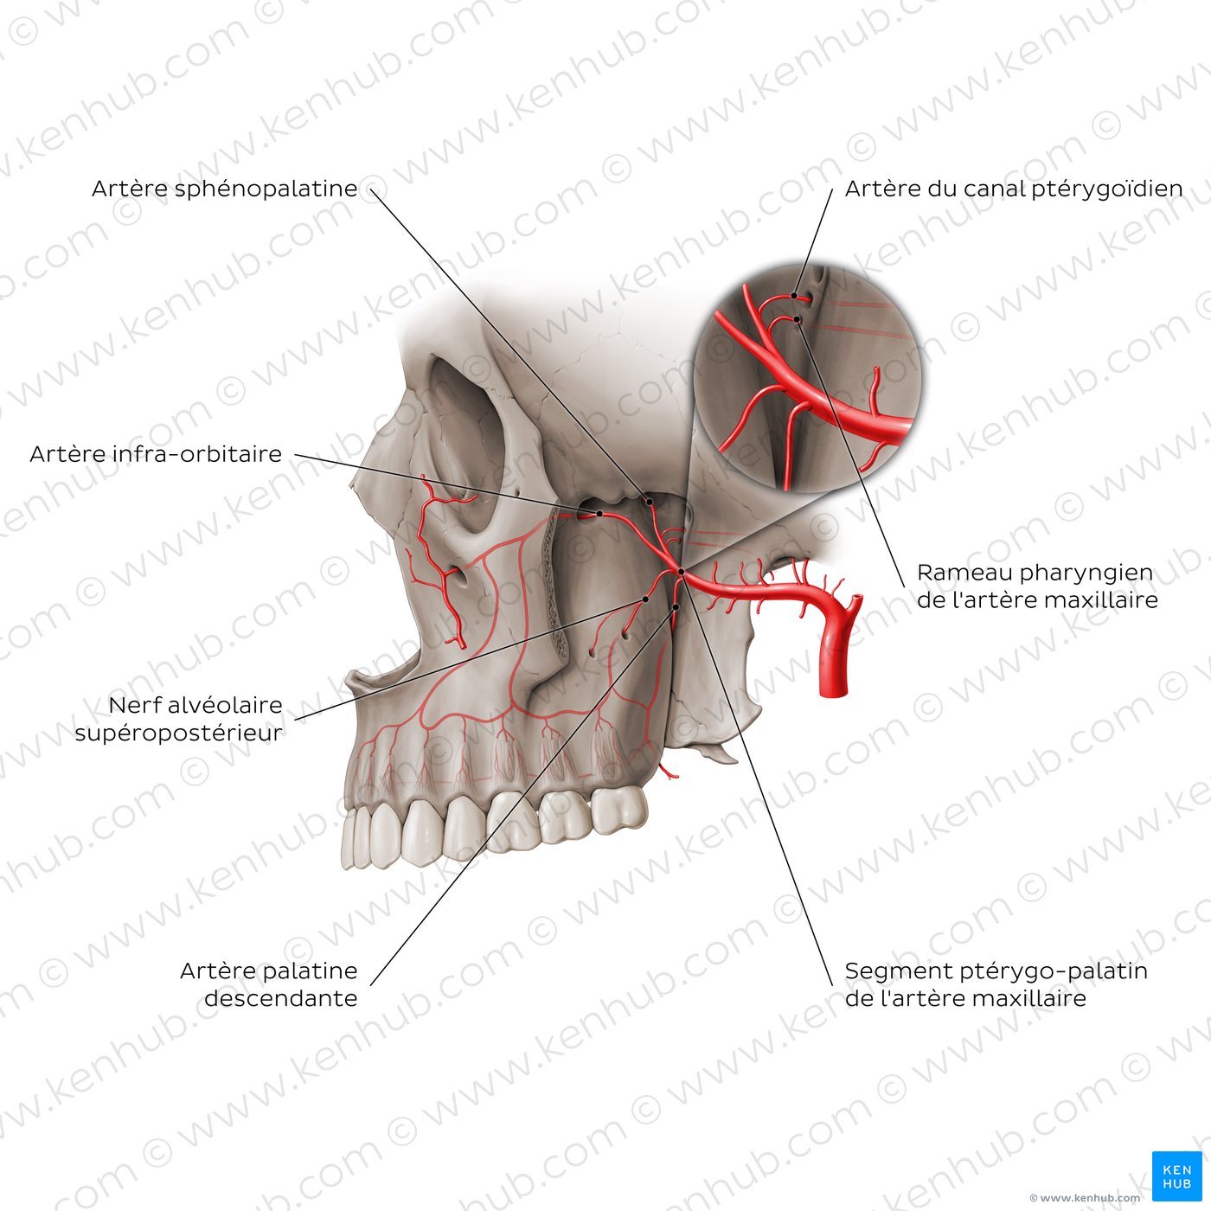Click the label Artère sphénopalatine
224,189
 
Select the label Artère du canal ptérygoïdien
1014,189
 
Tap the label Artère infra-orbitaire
156,454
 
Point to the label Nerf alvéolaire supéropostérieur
179,719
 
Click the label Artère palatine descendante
269,984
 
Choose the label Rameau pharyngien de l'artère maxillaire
1037,586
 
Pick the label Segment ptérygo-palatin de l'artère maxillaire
996,984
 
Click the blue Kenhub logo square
1176,1176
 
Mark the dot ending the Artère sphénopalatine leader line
650,502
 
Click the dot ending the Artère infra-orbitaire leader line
599,514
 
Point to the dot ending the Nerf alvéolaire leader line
644,599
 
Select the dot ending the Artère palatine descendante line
676,607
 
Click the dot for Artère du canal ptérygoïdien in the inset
794,295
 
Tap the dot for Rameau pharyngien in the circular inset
797,319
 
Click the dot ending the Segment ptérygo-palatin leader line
682,571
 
